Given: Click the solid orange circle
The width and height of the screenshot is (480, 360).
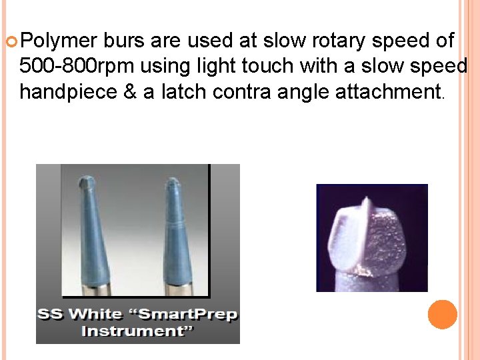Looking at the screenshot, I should click(x=442, y=315).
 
